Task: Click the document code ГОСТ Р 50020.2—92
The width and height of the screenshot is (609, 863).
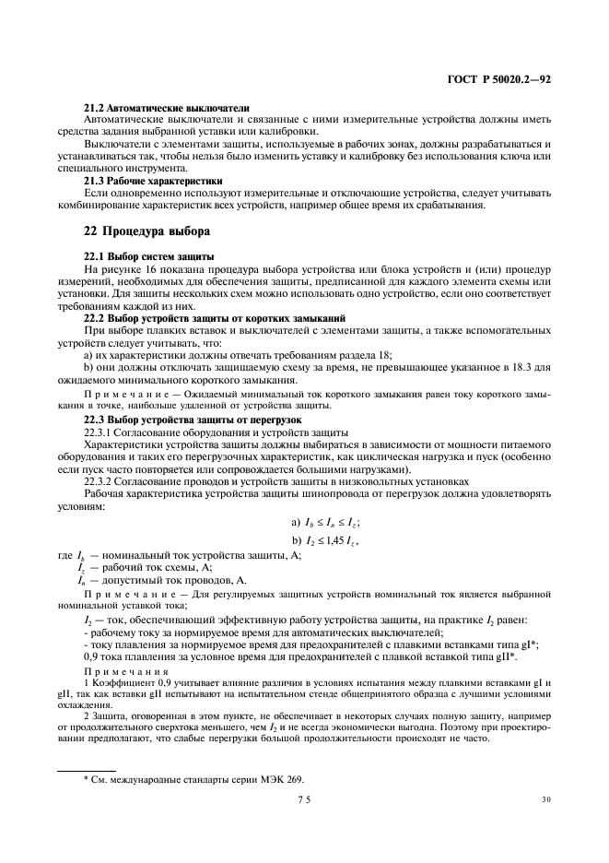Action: point(498,80)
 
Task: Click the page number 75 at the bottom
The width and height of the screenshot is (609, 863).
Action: point(304,801)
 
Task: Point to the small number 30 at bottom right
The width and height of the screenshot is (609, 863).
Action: point(546,800)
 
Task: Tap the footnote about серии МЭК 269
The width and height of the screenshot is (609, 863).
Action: point(193,780)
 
